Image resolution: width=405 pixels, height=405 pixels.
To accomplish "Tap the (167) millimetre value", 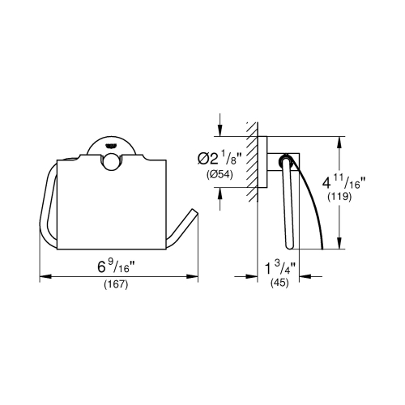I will (118, 284).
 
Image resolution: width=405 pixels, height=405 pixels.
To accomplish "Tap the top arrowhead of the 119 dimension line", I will (339, 140).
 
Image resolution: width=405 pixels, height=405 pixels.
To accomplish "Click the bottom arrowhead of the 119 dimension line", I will (339, 248).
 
